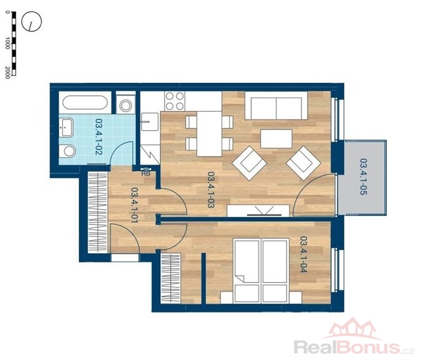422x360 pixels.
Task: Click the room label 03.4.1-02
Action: click(98, 137)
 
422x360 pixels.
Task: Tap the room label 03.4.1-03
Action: click(211, 190)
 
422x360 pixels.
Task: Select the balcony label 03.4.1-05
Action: click(364, 177)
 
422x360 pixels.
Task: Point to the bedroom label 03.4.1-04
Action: click(303, 254)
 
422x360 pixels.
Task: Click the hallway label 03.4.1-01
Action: click(134, 205)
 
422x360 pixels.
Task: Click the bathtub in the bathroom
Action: click(85, 103)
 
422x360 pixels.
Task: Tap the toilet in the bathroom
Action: click(67, 151)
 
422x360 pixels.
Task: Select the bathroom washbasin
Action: click(66, 127)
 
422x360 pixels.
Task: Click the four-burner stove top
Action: click(174, 101)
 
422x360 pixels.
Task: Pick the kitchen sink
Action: click(150, 122)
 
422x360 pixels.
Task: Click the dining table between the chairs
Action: click(209, 134)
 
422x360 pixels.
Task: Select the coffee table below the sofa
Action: click(276, 139)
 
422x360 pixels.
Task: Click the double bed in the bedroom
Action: click(261, 271)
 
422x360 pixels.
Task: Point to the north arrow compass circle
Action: click(32, 21)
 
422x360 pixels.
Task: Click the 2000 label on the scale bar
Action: click(8, 73)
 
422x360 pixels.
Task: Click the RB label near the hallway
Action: click(146, 173)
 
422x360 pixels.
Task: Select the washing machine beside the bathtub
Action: click(125, 105)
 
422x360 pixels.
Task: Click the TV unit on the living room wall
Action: click(258, 211)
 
